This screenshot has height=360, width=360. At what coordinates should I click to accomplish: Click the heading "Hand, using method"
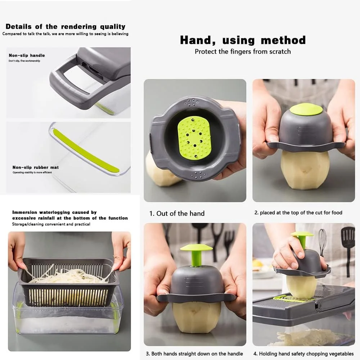(x=243, y=40)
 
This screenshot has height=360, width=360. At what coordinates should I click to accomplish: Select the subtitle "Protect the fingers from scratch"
(x=243, y=51)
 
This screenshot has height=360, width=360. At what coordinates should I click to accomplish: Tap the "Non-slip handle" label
(x=27, y=55)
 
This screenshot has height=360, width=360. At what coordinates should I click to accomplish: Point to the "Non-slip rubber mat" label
(x=36, y=167)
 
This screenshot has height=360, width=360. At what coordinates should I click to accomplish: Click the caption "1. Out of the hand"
(x=177, y=213)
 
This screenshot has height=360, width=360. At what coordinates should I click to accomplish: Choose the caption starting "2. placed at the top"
(x=298, y=213)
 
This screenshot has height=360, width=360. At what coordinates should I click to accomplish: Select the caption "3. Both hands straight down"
(x=194, y=354)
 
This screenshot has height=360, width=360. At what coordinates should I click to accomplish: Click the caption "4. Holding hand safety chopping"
(x=306, y=354)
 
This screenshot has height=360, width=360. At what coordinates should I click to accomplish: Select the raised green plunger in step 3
(x=196, y=254)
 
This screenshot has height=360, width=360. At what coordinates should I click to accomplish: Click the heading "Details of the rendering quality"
(x=66, y=27)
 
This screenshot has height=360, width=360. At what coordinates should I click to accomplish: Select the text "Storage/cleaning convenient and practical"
(x=51, y=224)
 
